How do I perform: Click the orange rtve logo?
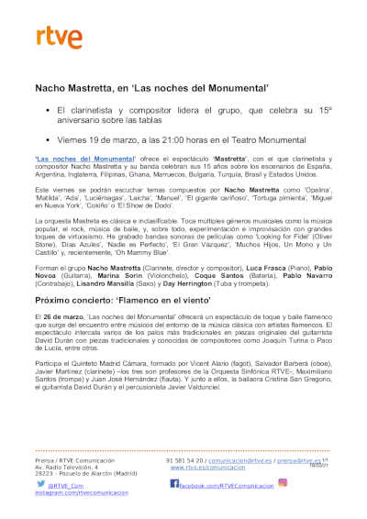point(54,37)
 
